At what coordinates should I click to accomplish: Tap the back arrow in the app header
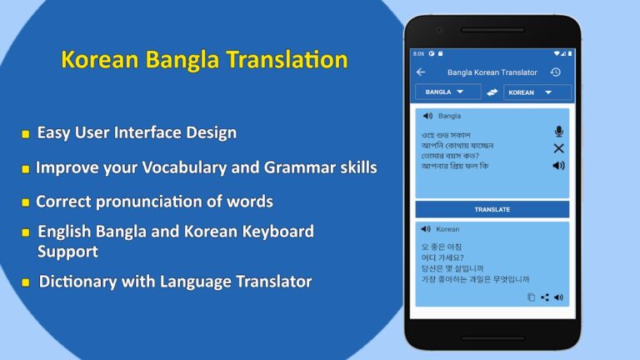coord(421,72)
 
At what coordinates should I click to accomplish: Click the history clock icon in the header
coord(555,72)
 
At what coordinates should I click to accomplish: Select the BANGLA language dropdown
coord(447,92)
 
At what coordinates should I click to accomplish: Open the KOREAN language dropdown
coord(537,92)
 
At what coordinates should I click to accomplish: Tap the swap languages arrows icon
coord(492,92)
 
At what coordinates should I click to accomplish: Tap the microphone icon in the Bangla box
coord(558,132)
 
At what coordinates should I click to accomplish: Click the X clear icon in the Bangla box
coord(558,148)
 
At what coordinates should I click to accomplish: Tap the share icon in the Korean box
coord(545,297)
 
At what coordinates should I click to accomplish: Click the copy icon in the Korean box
coord(531,297)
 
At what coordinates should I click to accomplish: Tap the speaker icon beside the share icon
coord(558,297)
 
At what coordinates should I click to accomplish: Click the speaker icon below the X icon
coord(558,165)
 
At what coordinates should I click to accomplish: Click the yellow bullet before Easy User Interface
coord(26,133)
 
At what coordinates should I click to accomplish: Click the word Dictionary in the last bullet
coord(78,282)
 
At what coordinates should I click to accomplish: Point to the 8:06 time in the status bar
coord(418,53)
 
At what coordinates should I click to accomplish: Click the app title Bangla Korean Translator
coord(492,72)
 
